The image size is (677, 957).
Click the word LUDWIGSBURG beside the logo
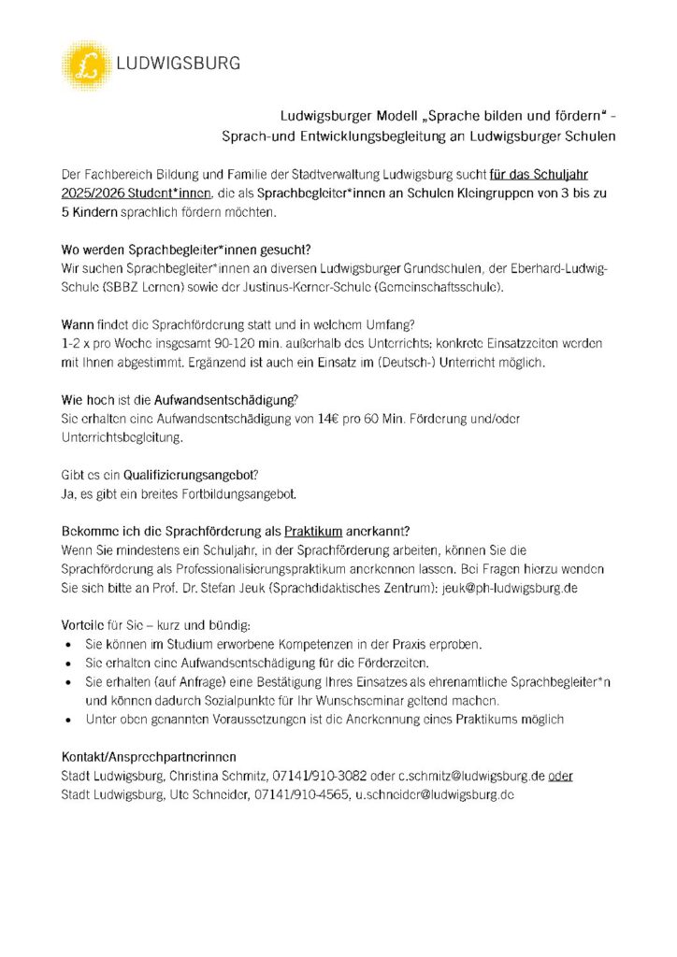tap(178, 64)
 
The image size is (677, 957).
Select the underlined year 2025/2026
tap(93, 193)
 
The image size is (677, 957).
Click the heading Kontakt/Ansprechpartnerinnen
tap(149, 756)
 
